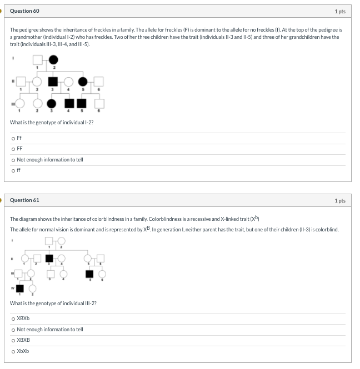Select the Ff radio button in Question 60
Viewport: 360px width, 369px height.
[13, 138]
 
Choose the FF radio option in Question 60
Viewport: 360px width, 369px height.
[13, 149]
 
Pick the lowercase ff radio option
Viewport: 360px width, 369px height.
[13, 170]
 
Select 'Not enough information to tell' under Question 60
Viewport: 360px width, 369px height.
[13, 160]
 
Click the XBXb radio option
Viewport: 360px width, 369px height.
[13, 319]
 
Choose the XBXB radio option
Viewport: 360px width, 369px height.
[13, 340]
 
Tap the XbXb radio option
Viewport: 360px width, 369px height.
[13, 351]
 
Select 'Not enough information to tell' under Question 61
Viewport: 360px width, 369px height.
[13, 330]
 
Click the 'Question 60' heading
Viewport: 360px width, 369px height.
[24, 11]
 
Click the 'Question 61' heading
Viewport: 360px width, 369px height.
[24, 200]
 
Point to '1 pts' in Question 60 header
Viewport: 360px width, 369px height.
[340, 11]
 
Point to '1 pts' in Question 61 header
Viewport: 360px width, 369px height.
[340, 200]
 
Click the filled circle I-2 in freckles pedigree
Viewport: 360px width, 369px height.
[53, 60]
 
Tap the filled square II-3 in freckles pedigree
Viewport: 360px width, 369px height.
[53, 82]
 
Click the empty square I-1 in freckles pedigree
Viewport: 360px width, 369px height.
[37, 60]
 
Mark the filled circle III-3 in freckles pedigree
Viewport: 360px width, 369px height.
[52, 103]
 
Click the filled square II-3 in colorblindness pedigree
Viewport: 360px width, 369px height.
[49, 258]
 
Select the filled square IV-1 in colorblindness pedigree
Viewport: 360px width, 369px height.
[21, 288]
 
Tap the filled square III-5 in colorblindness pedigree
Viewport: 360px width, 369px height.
[89, 274]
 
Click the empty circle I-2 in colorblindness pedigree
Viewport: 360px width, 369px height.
[61, 241]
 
